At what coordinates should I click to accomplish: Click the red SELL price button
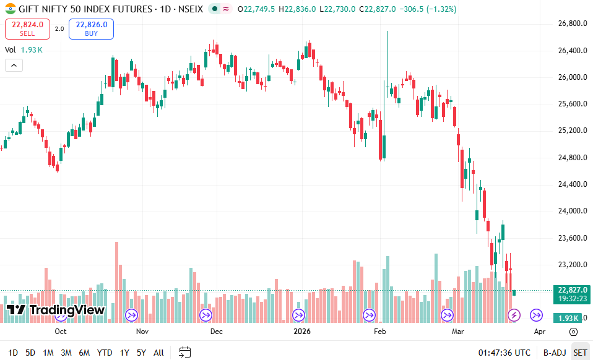click(27, 28)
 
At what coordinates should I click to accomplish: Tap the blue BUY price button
click(92, 28)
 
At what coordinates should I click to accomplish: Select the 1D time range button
click(13, 353)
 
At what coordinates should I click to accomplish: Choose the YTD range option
click(105, 353)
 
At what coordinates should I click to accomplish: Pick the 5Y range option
click(142, 353)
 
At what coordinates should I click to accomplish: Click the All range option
click(158, 353)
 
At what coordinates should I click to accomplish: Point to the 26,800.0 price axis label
click(568, 24)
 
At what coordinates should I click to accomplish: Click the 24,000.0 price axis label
click(568, 211)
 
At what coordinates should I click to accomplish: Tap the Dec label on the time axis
click(216, 332)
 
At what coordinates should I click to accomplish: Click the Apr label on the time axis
click(540, 332)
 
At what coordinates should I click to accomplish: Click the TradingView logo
click(56, 310)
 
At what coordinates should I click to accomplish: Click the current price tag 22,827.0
click(568, 289)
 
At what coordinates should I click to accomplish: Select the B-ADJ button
click(554, 353)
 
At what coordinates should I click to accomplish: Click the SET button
click(580, 353)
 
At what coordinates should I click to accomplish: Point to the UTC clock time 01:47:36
click(504, 353)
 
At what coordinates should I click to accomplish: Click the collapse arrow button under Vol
click(14, 65)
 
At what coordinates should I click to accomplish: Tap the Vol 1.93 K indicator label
click(24, 49)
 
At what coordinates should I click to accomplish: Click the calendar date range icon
click(184, 353)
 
